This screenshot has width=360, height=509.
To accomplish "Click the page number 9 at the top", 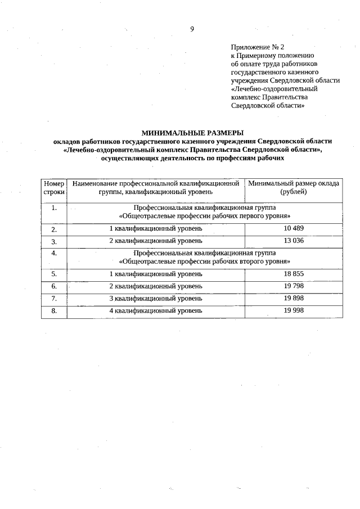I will click(x=192, y=29).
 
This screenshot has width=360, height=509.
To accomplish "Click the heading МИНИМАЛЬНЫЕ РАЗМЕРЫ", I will click(x=192, y=133).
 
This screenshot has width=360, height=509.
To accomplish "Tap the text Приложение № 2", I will click(x=254, y=48).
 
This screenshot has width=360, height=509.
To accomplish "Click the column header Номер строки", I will click(x=54, y=188).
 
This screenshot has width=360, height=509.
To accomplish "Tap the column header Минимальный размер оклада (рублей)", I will click(x=294, y=188).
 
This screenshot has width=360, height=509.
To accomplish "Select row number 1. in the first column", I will click(x=54, y=208).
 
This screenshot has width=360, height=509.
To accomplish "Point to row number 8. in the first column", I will click(x=54, y=310).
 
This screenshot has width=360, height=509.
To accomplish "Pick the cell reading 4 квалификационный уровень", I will click(x=156, y=310).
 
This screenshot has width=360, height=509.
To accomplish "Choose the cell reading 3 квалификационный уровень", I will click(x=156, y=298).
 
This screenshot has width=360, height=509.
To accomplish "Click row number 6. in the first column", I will click(x=54, y=286).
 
